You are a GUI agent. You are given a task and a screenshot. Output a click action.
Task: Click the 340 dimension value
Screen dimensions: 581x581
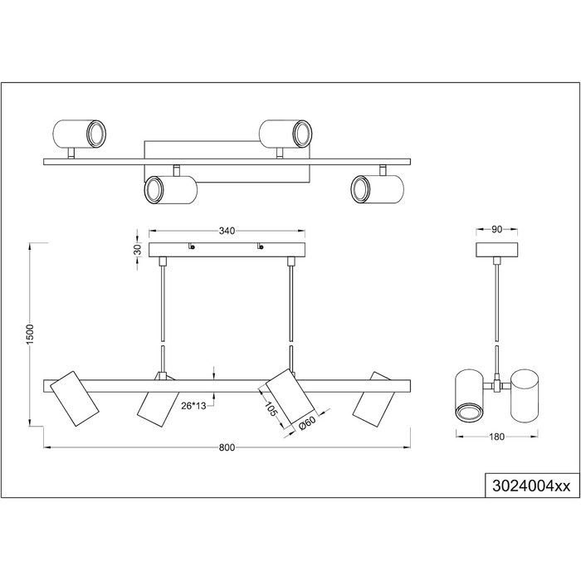(x=227, y=231)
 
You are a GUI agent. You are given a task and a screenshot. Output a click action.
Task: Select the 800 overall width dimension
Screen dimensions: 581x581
(x=227, y=447)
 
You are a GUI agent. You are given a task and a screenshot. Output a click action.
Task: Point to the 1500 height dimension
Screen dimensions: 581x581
(x=30, y=334)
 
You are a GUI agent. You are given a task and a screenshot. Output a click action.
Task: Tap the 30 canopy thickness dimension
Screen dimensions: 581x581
(x=137, y=249)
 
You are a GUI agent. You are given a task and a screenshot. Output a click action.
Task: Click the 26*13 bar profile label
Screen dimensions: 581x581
(x=193, y=406)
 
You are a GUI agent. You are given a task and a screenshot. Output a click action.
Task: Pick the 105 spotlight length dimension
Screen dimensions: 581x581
(x=271, y=409)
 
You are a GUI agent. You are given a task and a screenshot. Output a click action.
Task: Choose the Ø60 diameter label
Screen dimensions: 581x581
(x=306, y=423)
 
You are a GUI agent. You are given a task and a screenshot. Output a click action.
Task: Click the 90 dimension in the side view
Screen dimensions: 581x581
(x=496, y=229)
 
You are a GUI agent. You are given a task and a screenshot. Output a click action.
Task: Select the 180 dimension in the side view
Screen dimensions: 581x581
(x=496, y=437)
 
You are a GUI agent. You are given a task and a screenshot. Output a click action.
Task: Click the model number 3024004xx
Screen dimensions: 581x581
(x=531, y=486)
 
